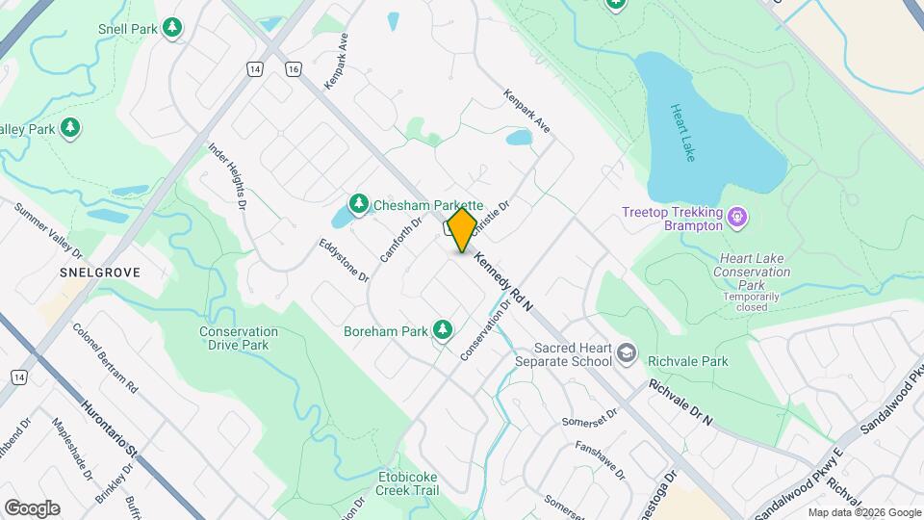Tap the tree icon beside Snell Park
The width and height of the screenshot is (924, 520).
pos(172,28)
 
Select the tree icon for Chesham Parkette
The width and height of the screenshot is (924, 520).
pos(359,203)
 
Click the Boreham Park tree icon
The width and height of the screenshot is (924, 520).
pos(443,330)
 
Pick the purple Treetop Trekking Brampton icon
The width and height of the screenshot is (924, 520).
pos(737,218)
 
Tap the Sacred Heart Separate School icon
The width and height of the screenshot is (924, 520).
pos(628,353)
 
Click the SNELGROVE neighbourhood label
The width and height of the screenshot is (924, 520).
pos(100,273)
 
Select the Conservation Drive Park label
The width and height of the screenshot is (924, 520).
pos(238,338)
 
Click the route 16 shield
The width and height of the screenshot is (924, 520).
pos(292,69)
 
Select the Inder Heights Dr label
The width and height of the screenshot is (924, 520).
pos(228,176)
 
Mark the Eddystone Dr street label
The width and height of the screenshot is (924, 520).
pos(344,255)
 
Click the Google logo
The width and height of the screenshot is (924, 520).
pos(32,507)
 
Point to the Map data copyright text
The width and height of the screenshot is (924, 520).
pos(862,512)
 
